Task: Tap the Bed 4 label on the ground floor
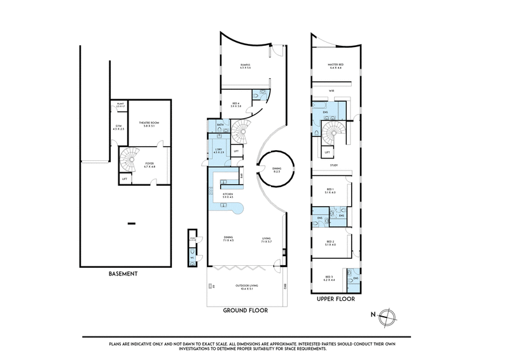[x=236, y=106]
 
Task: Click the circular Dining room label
[x=277, y=169]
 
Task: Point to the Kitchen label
[x=227, y=197]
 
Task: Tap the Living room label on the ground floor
[x=267, y=240]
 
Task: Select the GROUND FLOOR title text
[x=245, y=311]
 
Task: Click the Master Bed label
[x=335, y=65]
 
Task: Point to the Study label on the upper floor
[x=333, y=165]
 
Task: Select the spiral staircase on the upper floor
[x=333, y=134]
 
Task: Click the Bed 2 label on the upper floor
[x=330, y=243]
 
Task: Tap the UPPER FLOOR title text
[x=335, y=297]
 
